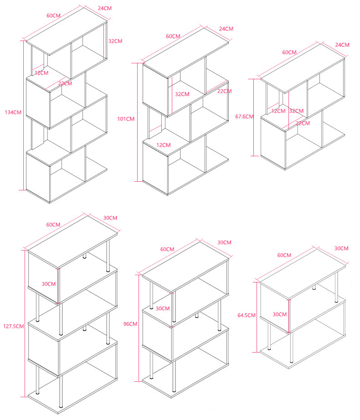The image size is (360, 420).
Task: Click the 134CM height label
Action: click(13, 112)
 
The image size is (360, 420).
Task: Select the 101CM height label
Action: click(125, 119)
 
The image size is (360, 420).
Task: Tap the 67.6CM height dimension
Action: click(244, 117)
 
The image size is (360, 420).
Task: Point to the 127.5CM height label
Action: click(13, 326)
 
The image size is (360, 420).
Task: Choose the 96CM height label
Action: click(130, 324)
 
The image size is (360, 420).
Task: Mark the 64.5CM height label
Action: click(247, 315)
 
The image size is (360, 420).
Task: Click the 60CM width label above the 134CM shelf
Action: click(53, 15)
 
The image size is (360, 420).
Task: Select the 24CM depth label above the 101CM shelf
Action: click(226, 29)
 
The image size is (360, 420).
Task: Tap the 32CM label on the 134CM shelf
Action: click(115, 41)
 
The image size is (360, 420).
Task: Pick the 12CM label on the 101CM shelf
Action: click(163, 145)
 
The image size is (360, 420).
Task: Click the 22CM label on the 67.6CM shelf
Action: click(303, 123)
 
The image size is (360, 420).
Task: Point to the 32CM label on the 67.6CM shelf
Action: click(296, 111)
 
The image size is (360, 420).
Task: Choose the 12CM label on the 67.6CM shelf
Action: click(278, 111)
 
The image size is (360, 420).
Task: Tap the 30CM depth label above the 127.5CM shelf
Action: click(110, 218)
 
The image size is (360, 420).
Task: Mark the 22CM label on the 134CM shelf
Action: click(65, 83)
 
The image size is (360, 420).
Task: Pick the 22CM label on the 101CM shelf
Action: click(224, 91)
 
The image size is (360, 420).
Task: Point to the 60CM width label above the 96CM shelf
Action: click(167, 249)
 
